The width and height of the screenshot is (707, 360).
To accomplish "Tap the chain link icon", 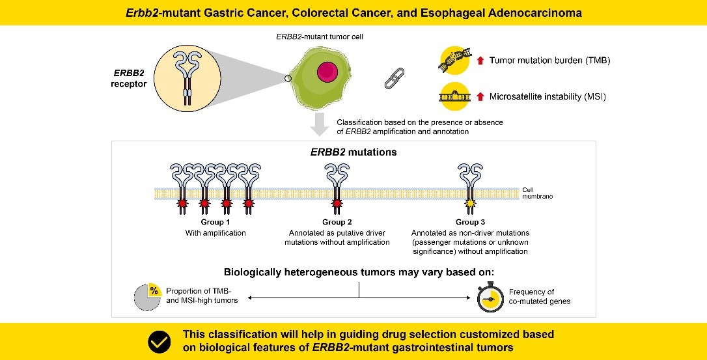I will tap(391, 78).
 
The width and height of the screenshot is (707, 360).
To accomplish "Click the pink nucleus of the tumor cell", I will tap(327, 71).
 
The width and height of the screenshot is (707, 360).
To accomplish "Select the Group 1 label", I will tap(214, 223).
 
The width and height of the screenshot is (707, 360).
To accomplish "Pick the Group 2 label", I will tap(337, 223).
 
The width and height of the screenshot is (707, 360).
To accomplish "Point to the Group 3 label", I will tap(470, 223).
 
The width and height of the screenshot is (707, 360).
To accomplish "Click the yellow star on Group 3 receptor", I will tap(470, 205).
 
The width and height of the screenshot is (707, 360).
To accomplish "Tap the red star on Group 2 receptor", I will tap(337, 205).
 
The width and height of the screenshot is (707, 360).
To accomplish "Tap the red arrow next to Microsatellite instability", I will tap(480, 97).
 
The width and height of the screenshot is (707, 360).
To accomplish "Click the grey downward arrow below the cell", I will tap(319, 124).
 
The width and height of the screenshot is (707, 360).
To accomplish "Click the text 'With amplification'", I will tap(214, 233).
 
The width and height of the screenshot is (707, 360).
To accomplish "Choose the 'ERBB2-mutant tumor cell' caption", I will tap(320, 37).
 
